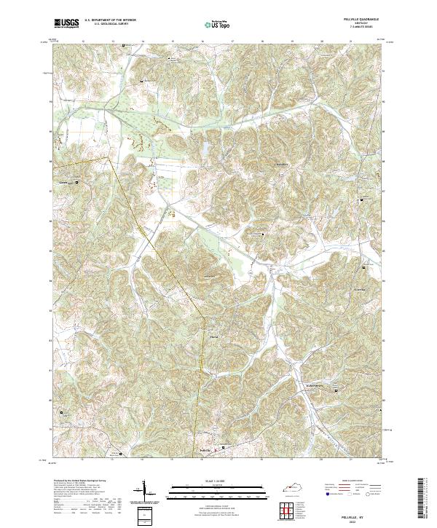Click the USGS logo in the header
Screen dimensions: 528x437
coord(66,23)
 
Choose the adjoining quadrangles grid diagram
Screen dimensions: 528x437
coord(289,510)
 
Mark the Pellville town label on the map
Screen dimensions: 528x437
coord(207,449)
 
